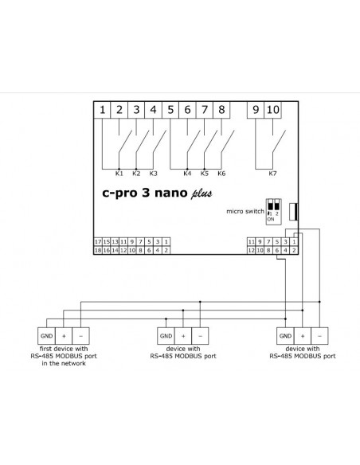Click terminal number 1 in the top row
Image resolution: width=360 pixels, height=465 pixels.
102,110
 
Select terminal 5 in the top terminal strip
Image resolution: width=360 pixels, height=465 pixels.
170,110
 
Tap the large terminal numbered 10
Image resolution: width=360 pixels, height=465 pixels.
273,110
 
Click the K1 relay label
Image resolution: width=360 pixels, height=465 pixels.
119,174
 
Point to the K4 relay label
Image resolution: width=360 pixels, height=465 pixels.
187,174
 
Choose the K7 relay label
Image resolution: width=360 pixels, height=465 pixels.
272,174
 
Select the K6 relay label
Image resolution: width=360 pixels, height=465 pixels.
221,174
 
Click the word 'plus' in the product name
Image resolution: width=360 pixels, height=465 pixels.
202,193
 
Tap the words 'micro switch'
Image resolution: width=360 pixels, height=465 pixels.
245,211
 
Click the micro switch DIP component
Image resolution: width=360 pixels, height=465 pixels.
273,212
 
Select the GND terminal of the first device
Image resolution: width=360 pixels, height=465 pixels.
46,336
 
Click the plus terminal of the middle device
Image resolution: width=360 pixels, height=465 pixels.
183,336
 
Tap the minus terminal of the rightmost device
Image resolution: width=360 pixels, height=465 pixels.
319,336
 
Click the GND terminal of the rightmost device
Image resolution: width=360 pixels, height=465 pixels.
285,336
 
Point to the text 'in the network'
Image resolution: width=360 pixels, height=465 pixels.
64,364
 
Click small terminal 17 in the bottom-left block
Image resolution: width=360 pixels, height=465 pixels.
98,242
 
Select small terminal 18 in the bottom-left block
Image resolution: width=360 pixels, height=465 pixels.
98,250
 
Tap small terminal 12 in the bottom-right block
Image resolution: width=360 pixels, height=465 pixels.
251,250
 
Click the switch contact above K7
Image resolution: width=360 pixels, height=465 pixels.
279,142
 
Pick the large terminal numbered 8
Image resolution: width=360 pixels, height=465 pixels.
221,110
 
